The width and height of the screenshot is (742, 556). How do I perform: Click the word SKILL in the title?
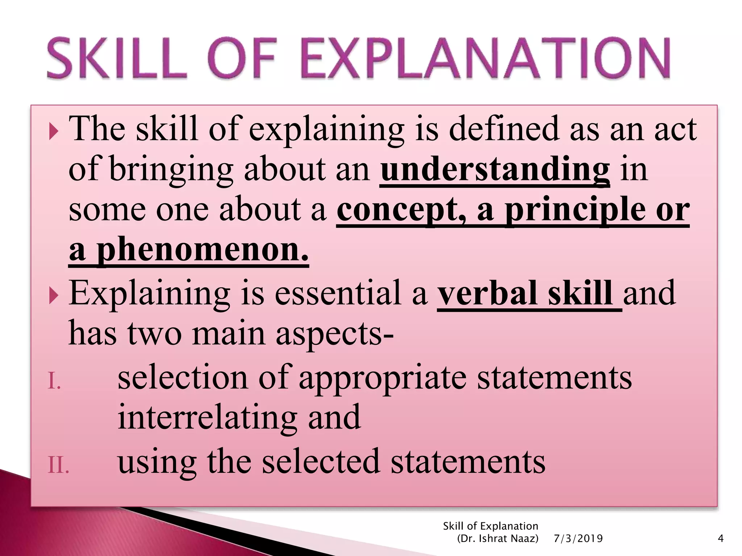(117, 59)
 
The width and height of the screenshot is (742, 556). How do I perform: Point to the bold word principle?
(575, 210)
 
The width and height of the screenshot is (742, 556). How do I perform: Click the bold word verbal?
(487, 293)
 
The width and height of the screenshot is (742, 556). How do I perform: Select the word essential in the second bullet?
(337, 293)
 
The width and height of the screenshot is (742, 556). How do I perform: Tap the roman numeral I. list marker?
(54, 382)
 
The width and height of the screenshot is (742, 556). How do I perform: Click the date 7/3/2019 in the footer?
(578, 539)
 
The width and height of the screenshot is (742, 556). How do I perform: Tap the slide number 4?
(721, 539)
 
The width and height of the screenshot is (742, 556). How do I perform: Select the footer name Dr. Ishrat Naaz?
(498, 539)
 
